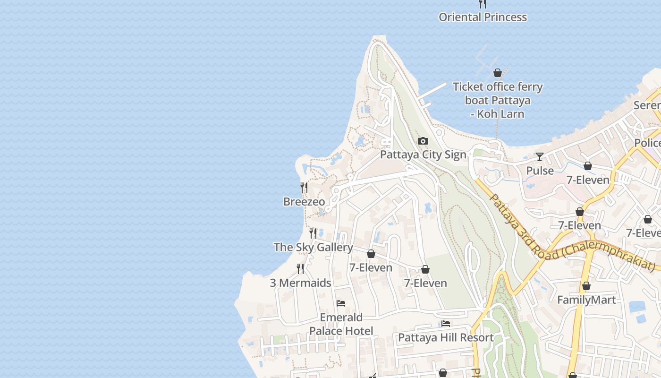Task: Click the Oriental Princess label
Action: (x=483, y=17)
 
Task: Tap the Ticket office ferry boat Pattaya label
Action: (x=498, y=100)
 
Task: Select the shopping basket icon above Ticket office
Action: (x=497, y=73)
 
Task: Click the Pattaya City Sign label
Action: (x=423, y=155)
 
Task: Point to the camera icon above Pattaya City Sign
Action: (x=423, y=141)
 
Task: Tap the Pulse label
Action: (x=540, y=171)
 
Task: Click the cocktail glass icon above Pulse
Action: (x=540, y=157)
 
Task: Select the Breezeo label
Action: (x=304, y=202)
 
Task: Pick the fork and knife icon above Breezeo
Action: (x=304, y=188)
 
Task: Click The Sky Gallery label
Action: (x=313, y=247)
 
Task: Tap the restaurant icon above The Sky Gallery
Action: (x=313, y=233)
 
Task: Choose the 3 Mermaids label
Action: (x=300, y=283)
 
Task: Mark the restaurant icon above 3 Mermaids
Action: (x=300, y=269)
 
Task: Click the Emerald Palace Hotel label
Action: (x=341, y=324)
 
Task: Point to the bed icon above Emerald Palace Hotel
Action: (x=341, y=303)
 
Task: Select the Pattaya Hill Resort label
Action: (x=446, y=337)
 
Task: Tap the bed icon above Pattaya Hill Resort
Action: (x=446, y=324)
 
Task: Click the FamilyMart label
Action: (x=586, y=300)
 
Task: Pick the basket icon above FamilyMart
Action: (x=586, y=286)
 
